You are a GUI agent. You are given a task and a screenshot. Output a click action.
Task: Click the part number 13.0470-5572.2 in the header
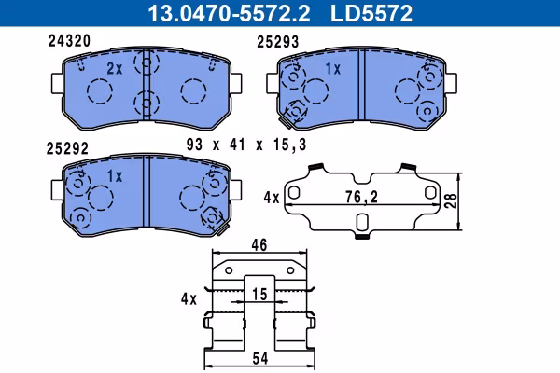[229, 14]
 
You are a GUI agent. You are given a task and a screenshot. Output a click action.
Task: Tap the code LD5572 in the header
[371, 14]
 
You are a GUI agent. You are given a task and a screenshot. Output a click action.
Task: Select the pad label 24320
[69, 41]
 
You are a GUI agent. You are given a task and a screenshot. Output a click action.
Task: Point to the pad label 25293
[277, 42]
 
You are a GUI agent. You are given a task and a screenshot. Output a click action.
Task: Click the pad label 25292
[67, 148]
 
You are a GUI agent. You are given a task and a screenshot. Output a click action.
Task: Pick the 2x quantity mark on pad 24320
[115, 68]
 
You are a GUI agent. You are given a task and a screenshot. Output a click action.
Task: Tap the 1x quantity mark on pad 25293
[333, 68]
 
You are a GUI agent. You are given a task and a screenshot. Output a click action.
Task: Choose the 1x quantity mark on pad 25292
[115, 175]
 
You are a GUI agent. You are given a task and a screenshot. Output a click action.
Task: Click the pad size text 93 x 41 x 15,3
[246, 145]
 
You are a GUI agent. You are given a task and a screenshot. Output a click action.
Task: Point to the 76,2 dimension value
[361, 197]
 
